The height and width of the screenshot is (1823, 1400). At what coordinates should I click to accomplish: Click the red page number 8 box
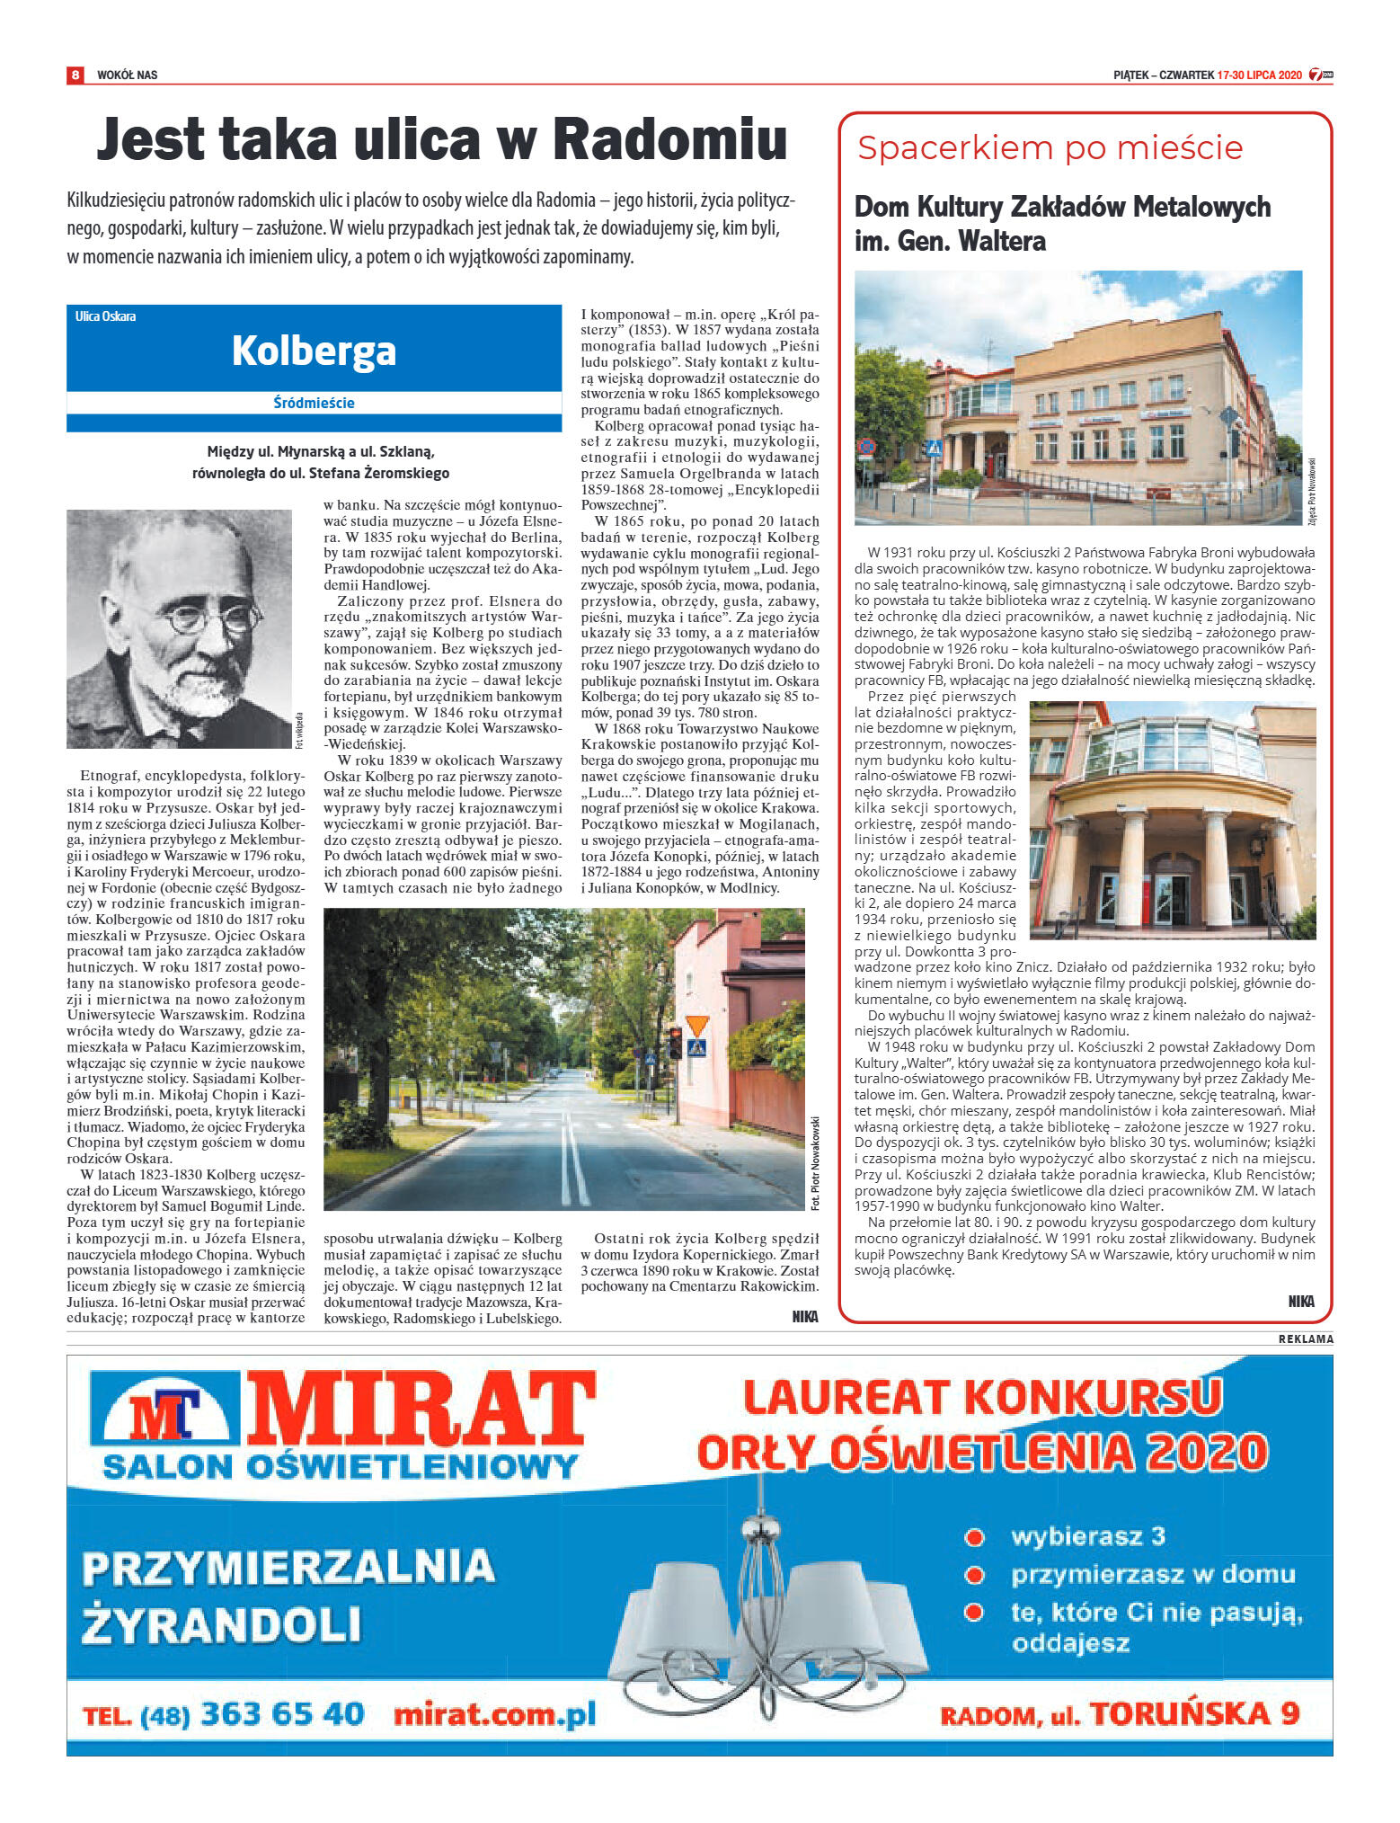[x=75, y=75]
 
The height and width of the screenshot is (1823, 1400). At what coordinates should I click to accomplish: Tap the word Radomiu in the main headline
[x=669, y=139]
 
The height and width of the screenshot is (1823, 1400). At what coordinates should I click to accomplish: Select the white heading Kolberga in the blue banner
[x=314, y=351]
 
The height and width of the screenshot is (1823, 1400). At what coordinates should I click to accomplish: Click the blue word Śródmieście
[x=314, y=403]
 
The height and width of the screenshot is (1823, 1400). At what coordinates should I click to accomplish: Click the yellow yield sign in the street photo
[x=697, y=1026]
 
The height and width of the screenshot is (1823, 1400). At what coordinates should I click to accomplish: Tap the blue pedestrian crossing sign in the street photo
[x=696, y=1048]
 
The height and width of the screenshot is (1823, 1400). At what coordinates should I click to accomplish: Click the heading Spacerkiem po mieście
[x=1050, y=147]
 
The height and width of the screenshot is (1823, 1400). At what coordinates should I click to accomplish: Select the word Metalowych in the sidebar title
[x=1201, y=207]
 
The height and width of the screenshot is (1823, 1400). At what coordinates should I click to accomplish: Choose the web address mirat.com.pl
[x=495, y=1714]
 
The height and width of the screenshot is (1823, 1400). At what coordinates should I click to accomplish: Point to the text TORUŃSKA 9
[x=1195, y=1713]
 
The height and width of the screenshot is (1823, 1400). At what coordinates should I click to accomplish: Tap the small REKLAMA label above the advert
[x=1306, y=1339]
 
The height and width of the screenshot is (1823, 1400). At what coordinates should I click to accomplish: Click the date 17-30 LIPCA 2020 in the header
[x=1259, y=76]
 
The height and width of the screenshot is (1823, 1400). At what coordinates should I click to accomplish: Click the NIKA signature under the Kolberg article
[x=804, y=1316]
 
